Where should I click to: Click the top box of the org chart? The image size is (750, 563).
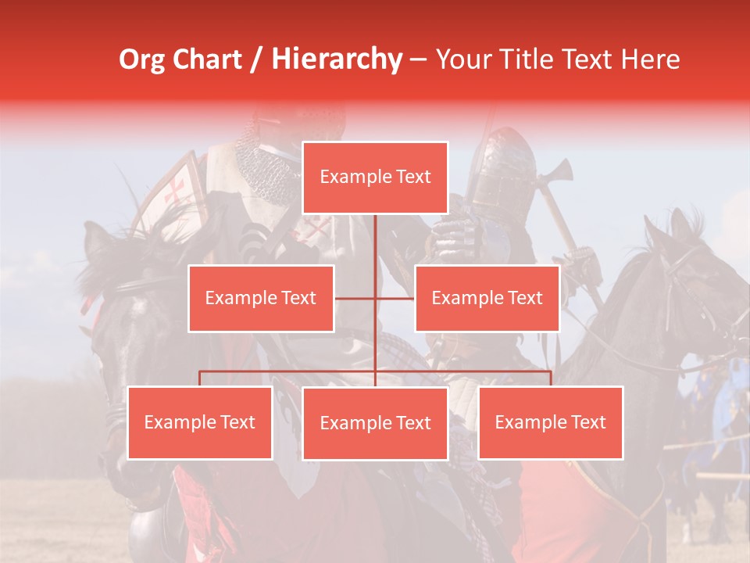click(x=375, y=178)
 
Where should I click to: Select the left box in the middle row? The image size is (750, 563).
click(x=261, y=298)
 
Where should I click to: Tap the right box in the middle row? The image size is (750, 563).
click(x=487, y=298)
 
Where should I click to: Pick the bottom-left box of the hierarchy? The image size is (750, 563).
click(x=200, y=422)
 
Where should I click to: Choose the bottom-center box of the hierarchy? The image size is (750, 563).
click(x=375, y=423)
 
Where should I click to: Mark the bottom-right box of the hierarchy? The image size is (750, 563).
click(x=550, y=422)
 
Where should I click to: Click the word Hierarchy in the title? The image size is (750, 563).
click(x=337, y=59)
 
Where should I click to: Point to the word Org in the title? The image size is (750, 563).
click(x=141, y=59)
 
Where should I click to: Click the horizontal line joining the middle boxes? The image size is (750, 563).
click(x=374, y=299)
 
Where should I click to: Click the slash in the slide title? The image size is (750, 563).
click(x=257, y=59)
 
